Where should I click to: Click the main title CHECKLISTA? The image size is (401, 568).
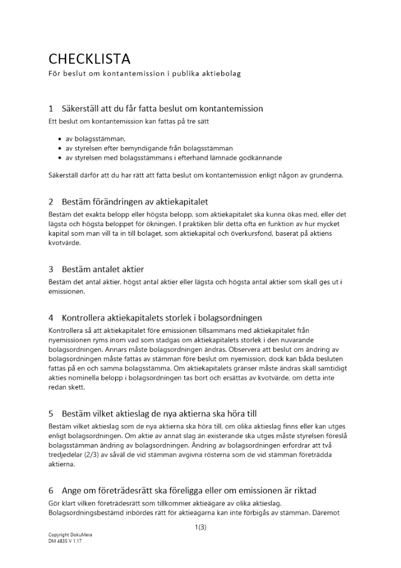(89, 59)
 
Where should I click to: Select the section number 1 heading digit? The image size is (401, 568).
(51, 108)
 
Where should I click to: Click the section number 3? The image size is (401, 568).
(51, 269)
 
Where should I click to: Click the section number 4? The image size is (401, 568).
(51, 318)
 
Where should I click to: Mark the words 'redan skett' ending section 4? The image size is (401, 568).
(66, 387)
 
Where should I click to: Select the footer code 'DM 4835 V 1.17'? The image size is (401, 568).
(64, 542)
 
